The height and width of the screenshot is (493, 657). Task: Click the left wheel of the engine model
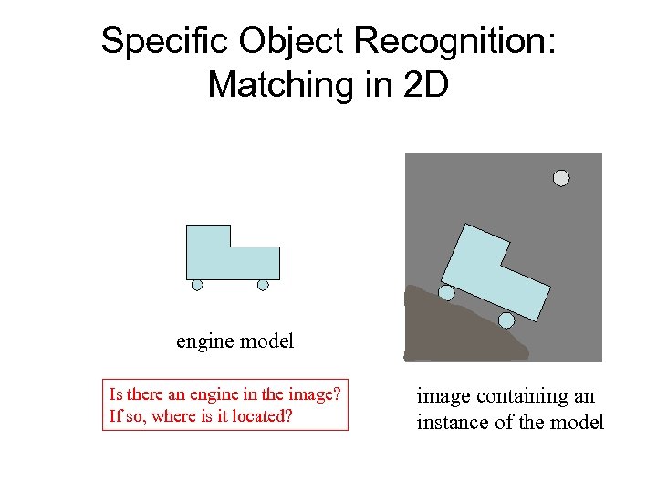(197, 285)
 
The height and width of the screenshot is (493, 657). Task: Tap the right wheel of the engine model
(263, 285)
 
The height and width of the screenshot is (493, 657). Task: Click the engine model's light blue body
(219, 256)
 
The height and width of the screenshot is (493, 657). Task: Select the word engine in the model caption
(203, 342)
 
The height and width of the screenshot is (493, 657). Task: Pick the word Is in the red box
(115, 395)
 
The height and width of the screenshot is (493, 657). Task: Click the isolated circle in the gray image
(561, 178)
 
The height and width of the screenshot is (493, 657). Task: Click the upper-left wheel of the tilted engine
(446, 293)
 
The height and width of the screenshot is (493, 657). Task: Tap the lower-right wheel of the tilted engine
(506, 320)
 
